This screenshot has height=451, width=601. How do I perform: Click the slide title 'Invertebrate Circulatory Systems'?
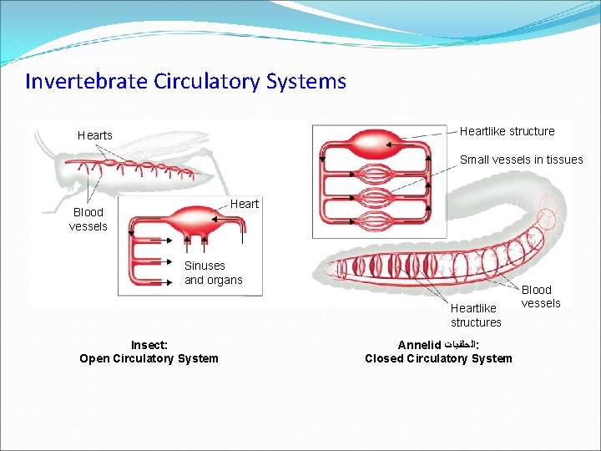click(x=185, y=81)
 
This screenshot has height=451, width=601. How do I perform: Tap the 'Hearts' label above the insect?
click(x=94, y=135)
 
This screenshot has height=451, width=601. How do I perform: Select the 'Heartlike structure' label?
click(x=507, y=131)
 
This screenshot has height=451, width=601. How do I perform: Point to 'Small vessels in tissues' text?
click(x=521, y=160)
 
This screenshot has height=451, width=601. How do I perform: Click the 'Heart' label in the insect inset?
click(x=245, y=204)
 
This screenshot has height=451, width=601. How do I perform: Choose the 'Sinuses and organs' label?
click(x=213, y=273)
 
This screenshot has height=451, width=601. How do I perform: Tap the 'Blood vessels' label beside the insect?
click(x=88, y=220)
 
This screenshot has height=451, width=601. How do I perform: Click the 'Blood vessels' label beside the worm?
click(x=541, y=296)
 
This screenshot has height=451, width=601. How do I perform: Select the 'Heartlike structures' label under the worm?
click(x=476, y=316)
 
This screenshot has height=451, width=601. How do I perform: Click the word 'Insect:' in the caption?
click(x=149, y=345)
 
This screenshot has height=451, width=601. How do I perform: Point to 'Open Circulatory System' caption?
click(x=149, y=358)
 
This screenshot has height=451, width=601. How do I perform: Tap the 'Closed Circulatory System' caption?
click(x=438, y=358)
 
